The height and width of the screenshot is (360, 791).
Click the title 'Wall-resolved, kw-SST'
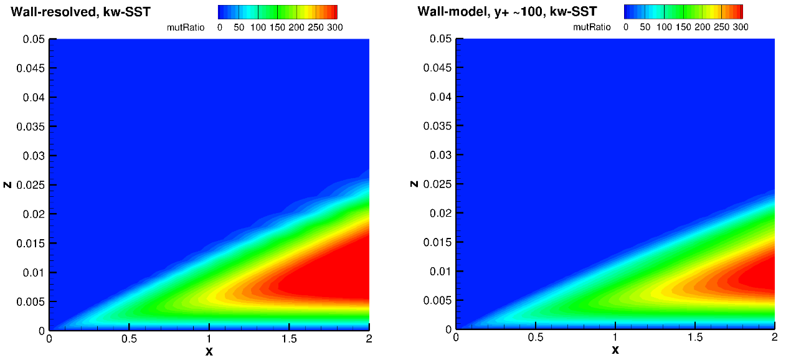tap(80, 12)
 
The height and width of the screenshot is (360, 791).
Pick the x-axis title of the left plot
tap(209, 351)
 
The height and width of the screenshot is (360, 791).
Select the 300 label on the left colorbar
tap(335, 28)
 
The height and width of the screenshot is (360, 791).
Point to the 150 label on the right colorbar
tap(683, 28)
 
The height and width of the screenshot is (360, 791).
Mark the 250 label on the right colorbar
tap(722, 28)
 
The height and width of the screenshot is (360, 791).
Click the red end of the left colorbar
tap(332, 12)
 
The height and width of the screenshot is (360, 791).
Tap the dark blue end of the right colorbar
tap(629, 12)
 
